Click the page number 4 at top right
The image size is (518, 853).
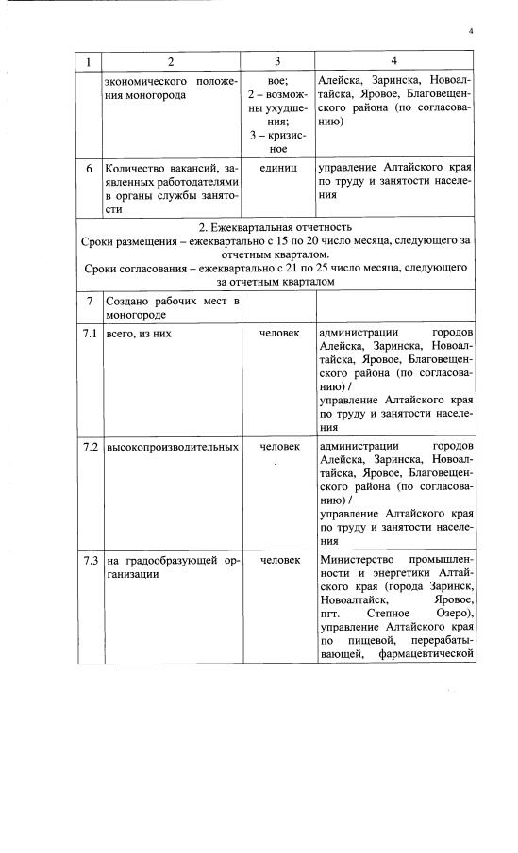[x=469, y=32]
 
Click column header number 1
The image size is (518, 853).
[x=89, y=61]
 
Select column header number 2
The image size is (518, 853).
[x=171, y=61]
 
